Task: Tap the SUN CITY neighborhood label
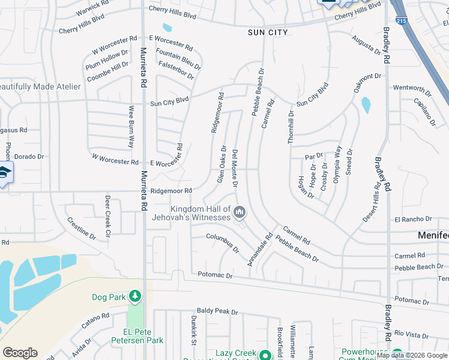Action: [268, 32]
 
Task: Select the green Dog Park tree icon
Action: [136, 296]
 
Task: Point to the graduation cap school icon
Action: [5, 173]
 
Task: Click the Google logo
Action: [20, 353]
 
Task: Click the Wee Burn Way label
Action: [130, 127]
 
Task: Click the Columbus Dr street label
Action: [223, 243]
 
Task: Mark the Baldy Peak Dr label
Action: [218, 312]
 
